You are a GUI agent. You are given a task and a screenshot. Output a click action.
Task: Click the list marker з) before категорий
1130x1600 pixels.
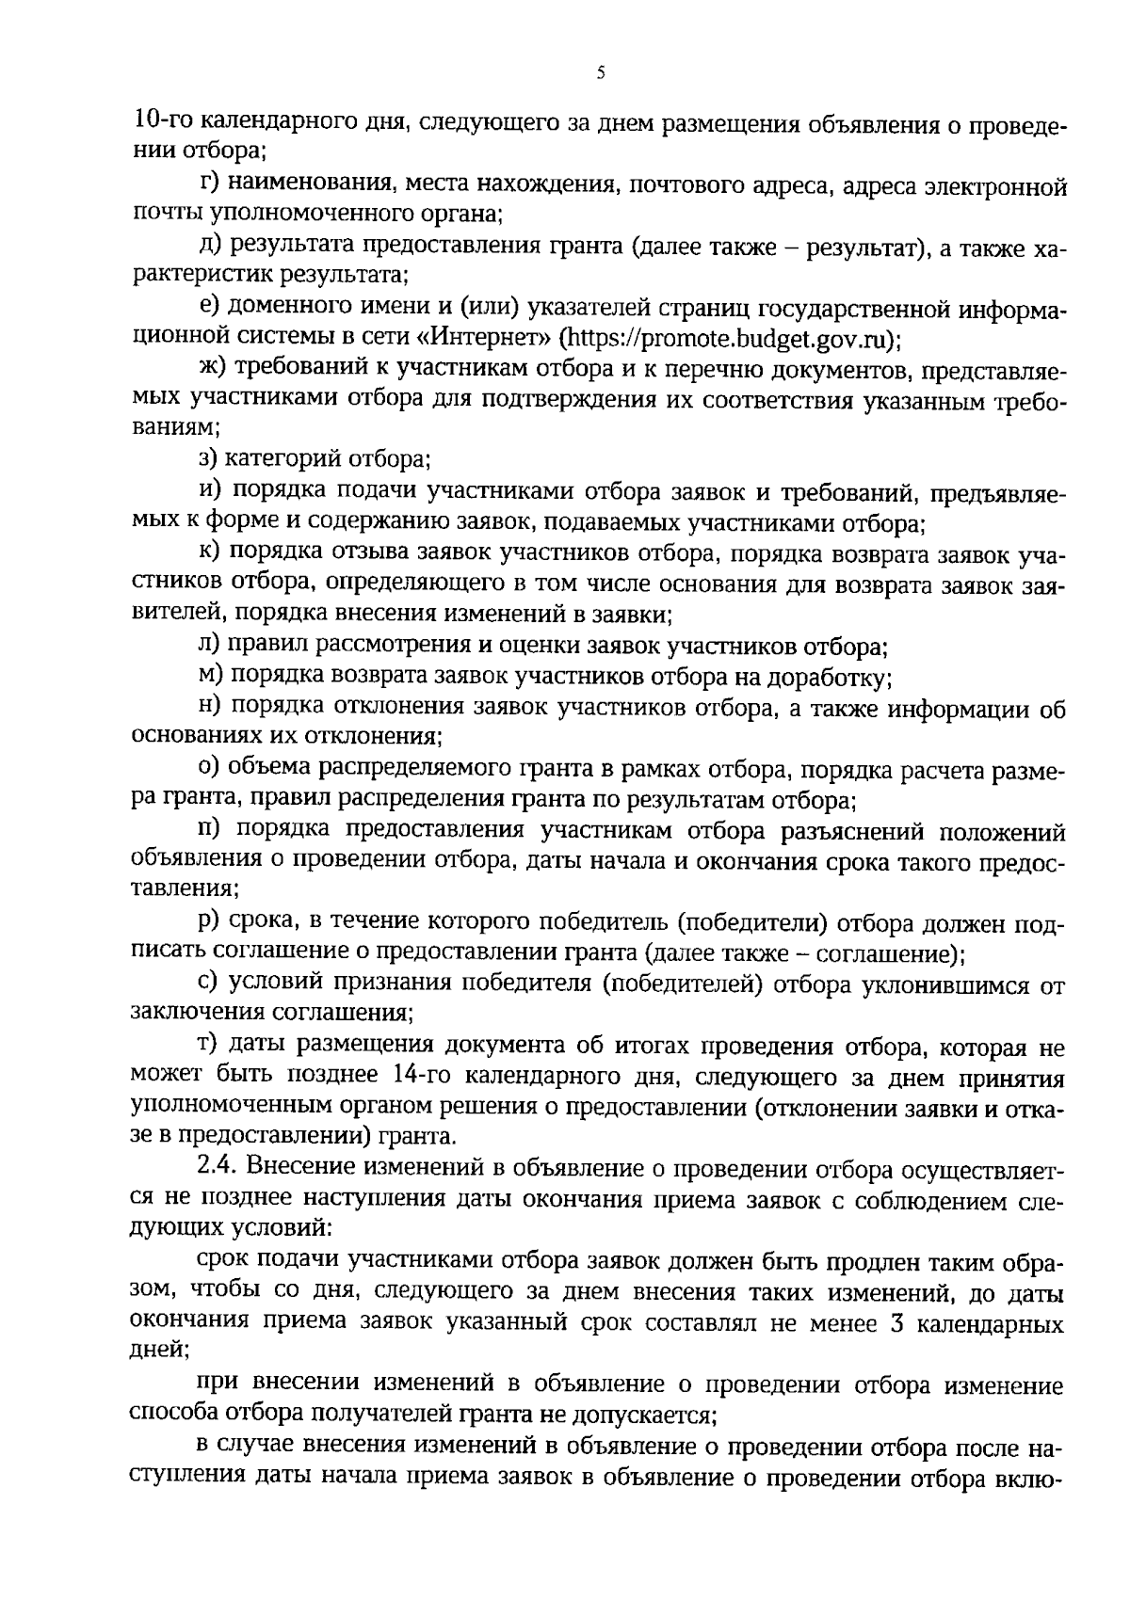point(208,459)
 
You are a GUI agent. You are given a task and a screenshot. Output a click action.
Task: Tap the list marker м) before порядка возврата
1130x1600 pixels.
point(210,677)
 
